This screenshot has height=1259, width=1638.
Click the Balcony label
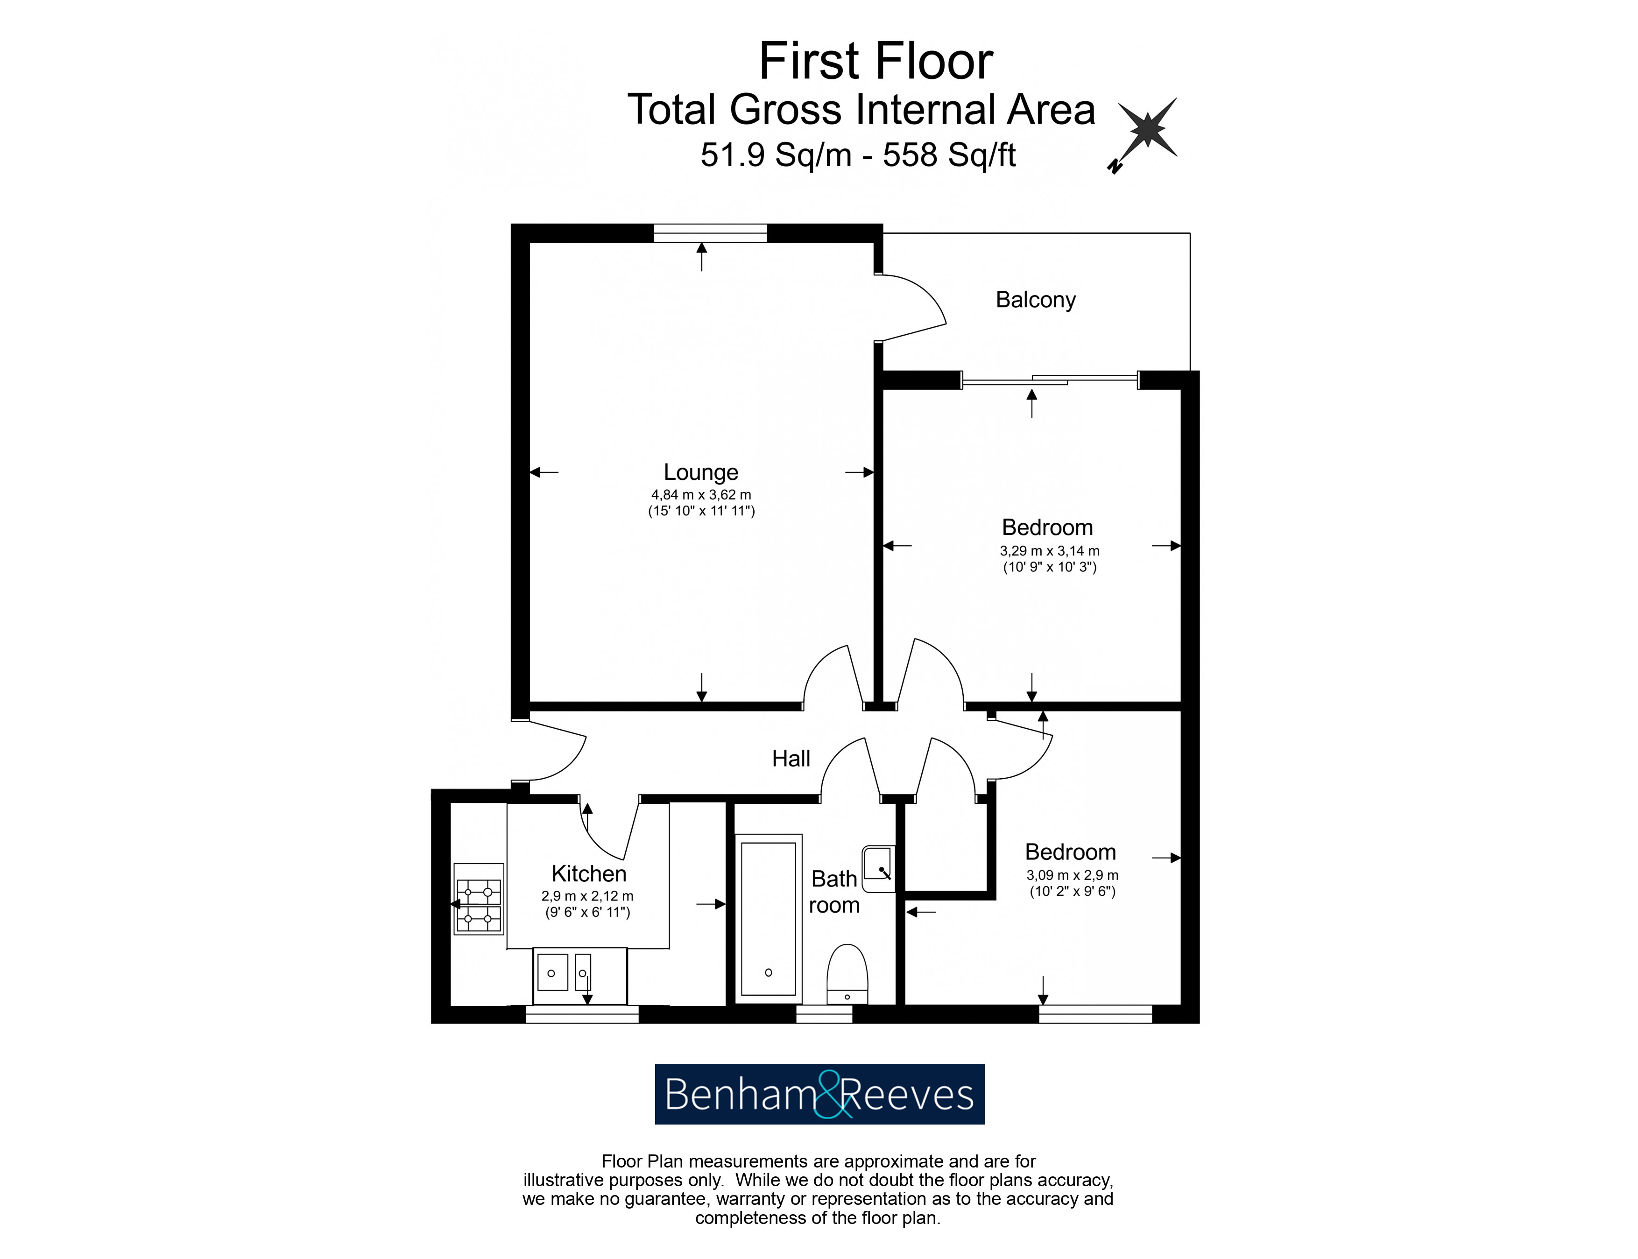click(x=1035, y=300)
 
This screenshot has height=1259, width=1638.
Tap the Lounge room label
click(x=701, y=472)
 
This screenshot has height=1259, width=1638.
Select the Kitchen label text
click(x=588, y=874)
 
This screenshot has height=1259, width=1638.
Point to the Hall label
click(x=791, y=759)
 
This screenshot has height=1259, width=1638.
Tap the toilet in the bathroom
click(x=847, y=973)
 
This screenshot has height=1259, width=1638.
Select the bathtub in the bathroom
click(x=769, y=919)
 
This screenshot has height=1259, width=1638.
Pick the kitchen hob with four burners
click(x=478, y=905)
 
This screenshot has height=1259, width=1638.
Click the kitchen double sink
click(x=579, y=976)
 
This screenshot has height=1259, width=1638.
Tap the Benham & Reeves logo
click(x=819, y=1094)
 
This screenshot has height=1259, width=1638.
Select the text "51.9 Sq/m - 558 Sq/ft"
click(x=858, y=155)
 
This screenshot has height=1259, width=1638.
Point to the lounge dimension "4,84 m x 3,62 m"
click(x=701, y=495)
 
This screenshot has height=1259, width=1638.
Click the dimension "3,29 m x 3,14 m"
click(x=1050, y=551)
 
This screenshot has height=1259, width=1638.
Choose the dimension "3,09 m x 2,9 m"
click(x=1072, y=875)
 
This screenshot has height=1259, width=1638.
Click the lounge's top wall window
click(x=710, y=233)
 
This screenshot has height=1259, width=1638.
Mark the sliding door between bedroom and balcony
click(x=1050, y=380)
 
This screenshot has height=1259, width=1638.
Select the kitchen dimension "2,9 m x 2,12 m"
click(x=587, y=896)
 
